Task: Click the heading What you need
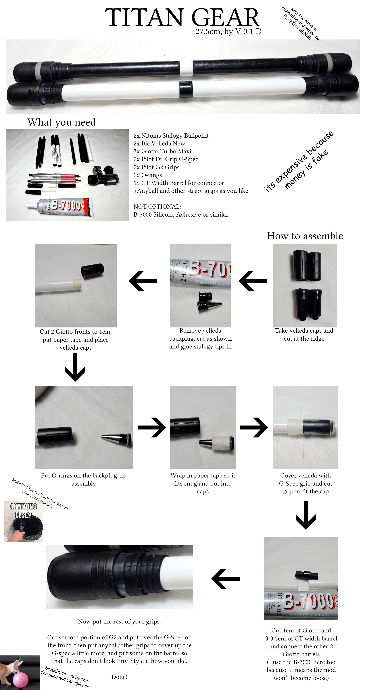[62, 122]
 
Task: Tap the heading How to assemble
[305, 236]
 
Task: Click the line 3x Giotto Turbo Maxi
[162, 151]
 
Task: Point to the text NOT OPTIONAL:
[157, 206]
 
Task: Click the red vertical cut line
[303, 430]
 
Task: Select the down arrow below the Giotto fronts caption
[75, 367]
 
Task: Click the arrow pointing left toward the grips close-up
[225, 579]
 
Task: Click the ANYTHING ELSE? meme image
[23, 521]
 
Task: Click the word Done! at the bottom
[119, 677]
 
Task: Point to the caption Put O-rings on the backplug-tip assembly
[83, 479]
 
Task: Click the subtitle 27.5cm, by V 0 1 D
[228, 32]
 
